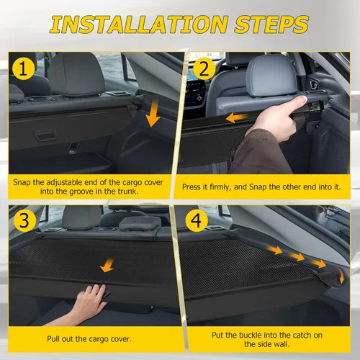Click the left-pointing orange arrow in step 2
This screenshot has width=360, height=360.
pyautogui.click(x=238, y=117)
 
